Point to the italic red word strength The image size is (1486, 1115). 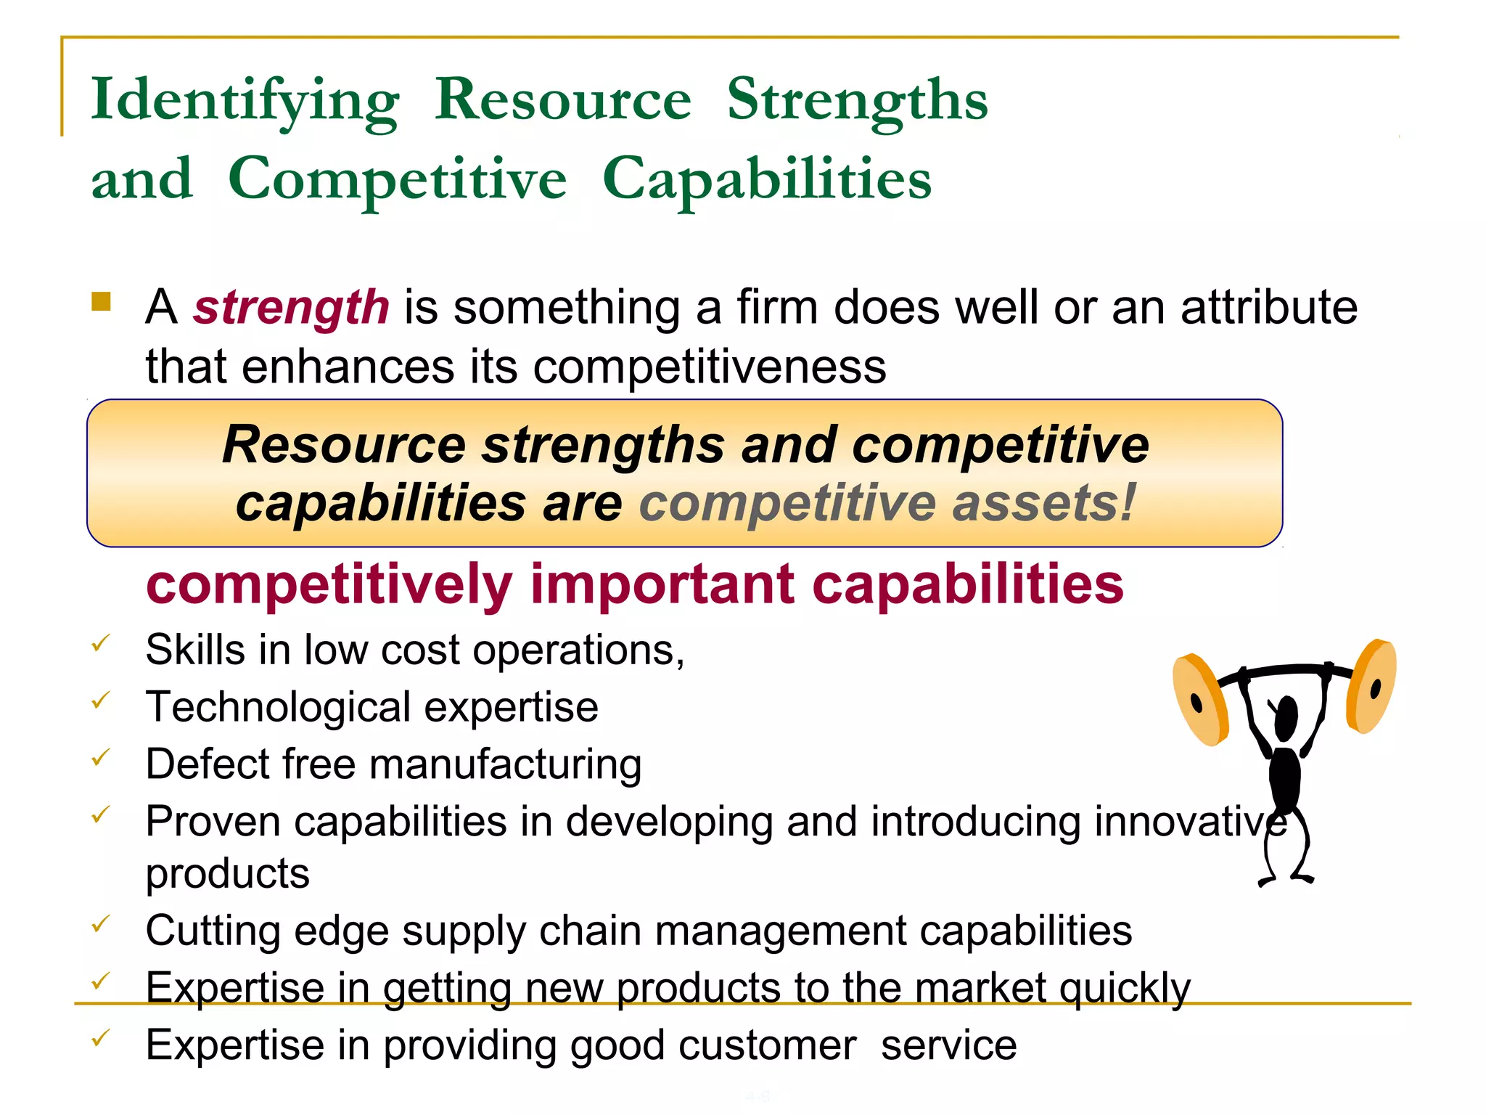(x=291, y=307)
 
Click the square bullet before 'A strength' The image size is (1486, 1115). (x=101, y=301)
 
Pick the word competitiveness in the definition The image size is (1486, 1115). (x=710, y=366)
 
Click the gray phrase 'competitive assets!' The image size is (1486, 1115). (x=887, y=503)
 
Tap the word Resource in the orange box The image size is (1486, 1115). (x=344, y=444)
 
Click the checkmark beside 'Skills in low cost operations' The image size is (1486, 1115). (x=101, y=642)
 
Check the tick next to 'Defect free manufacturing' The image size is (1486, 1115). (x=101, y=757)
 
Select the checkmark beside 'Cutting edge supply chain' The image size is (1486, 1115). (x=101, y=923)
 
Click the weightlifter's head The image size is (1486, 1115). (x=1286, y=716)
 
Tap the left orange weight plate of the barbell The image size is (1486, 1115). (x=1200, y=700)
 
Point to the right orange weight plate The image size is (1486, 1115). (x=1371, y=686)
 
